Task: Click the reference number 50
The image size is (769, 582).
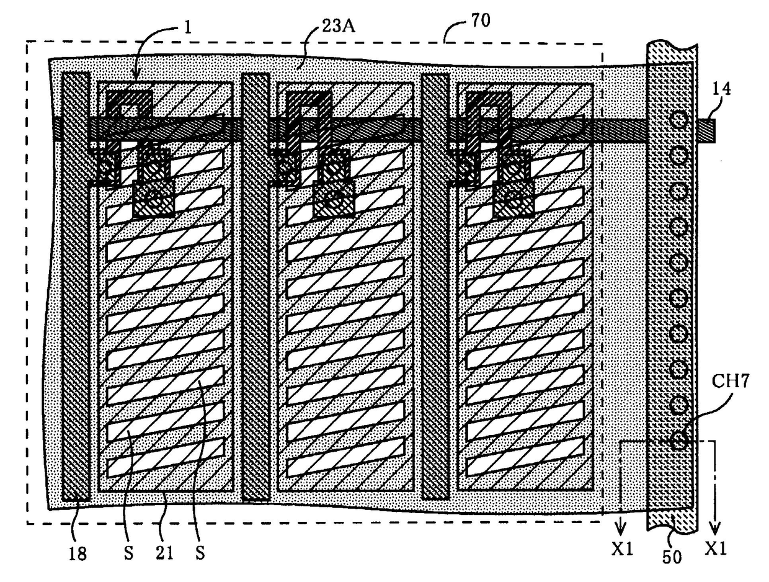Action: [673, 557]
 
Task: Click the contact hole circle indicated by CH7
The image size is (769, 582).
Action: [680, 441]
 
